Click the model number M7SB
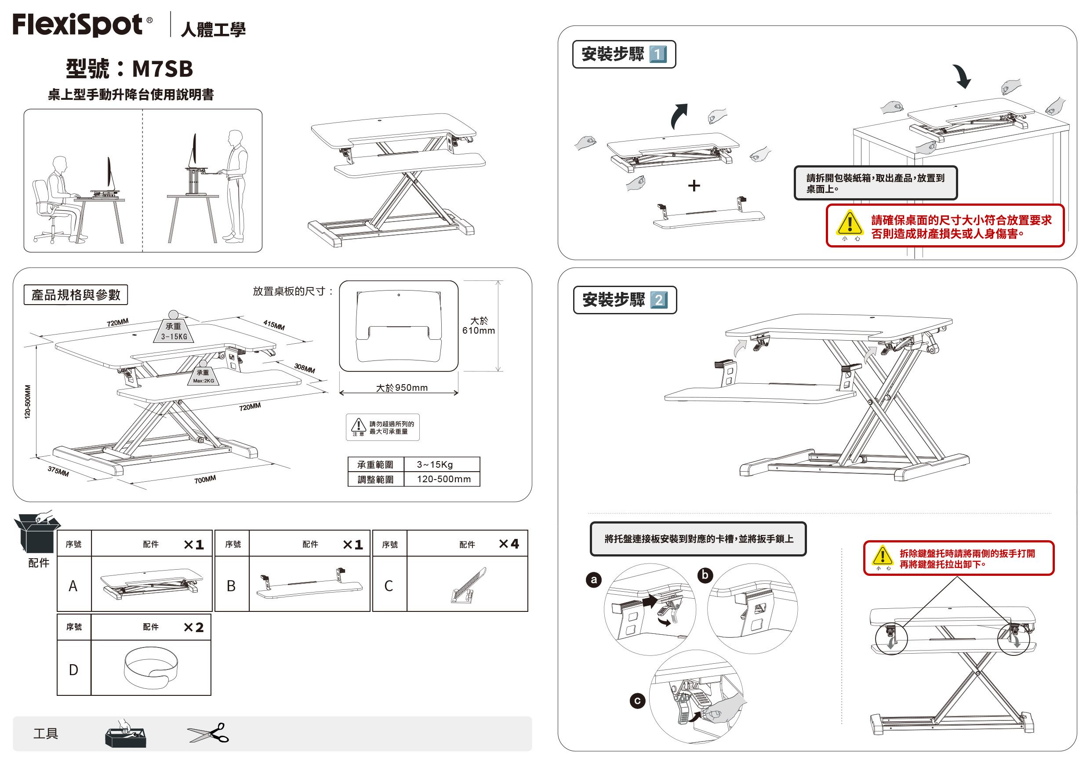(x=162, y=69)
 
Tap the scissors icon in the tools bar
(x=208, y=734)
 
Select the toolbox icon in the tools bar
(x=125, y=735)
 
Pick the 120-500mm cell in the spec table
(x=443, y=479)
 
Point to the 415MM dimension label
(x=274, y=325)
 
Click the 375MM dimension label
(x=58, y=471)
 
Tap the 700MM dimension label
(x=205, y=480)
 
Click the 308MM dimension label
(x=304, y=368)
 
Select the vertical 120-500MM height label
(x=28, y=402)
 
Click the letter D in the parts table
(x=73, y=670)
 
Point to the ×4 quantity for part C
(x=509, y=544)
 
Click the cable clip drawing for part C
(x=468, y=586)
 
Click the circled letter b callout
(x=705, y=575)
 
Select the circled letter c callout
(x=637, y=701)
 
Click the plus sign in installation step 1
(x=694, y=185)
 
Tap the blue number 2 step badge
(x=658, y=300)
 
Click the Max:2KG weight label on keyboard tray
(x=203, y=381)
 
